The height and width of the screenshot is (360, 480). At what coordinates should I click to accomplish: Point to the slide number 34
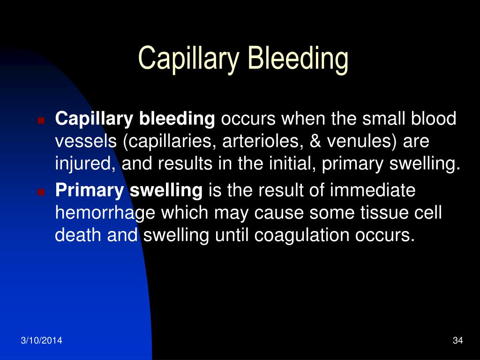pyautogui.click(x=458, y=340)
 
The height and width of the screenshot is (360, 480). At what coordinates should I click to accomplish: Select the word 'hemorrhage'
pyautogui.click(x=106, y=214)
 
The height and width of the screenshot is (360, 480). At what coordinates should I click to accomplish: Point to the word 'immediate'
pyautogui.click(x=373, y=191)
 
